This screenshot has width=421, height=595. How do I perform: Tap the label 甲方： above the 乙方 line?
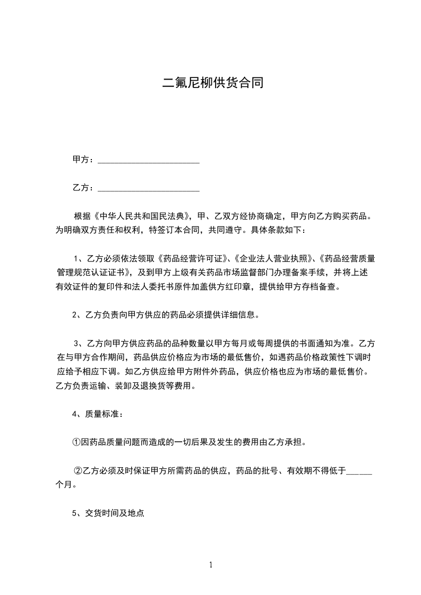84,159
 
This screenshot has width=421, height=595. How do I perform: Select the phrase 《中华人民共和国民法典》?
141,217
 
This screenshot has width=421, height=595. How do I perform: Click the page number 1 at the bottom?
211,565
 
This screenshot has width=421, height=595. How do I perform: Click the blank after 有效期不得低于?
359,470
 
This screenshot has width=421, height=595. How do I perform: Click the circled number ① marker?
76,442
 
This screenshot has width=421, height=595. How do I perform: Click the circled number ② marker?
78,470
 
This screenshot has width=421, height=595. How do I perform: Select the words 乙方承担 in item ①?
286,442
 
